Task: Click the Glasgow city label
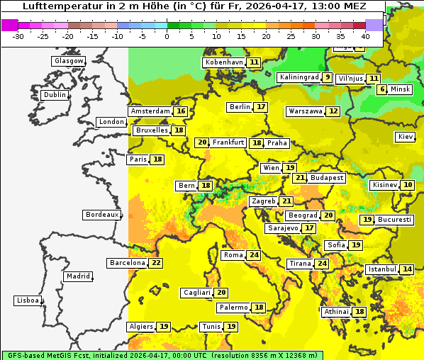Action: [69, 61]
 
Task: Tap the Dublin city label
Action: [55, 95]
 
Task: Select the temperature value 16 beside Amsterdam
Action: [181, 111]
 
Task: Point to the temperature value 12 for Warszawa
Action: [333, 111]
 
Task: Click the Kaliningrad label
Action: [299, 77]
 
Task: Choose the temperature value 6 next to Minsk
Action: [382, 89]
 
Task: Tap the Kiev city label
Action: [406, 136]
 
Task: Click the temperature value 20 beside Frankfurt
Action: [202, 142]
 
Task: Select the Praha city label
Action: [277, 143]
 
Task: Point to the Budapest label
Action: [327, 178]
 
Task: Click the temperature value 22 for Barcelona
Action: [156, 263]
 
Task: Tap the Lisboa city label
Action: [27, 300]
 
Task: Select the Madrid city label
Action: [77, 276]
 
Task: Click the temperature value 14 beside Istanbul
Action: [407, 269]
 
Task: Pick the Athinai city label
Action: [336, 312]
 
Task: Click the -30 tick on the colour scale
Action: [18, 35]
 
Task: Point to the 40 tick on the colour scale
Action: [365, 35]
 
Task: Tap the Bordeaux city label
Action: [101, 215]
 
